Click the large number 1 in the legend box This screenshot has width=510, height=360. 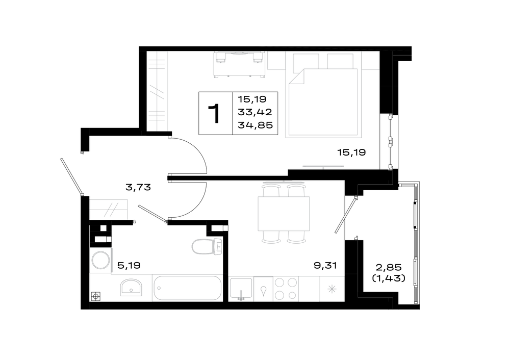click(x=214, y=114)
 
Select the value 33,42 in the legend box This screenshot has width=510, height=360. click(x=255, y=112)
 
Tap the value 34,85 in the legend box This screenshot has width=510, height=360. click(x=256, y=125)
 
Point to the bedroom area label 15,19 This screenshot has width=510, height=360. click(x=351, y=152)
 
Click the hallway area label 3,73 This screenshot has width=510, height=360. click(x=138, y=187)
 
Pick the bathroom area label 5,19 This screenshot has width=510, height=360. click(x=129, y=266)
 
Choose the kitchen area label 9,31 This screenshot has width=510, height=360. click(x=325, y=265)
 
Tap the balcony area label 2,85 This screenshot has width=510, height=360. click(x=389, y=268)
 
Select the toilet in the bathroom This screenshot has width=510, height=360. click(x=207, y=247)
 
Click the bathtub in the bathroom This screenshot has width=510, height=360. click(x=187, y=288)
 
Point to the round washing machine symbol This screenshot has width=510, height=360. click(x=101, y=260)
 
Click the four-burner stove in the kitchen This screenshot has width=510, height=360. click(x=286, y=289)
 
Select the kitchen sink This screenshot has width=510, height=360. click(x=241, y=289)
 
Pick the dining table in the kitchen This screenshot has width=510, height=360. click(x=284, y=214)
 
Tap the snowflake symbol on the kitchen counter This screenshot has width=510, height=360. click(x=332, y=289)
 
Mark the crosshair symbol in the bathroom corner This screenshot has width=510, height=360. click(x=96, y=296)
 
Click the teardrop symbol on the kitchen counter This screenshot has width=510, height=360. click(x=263, y=291)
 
